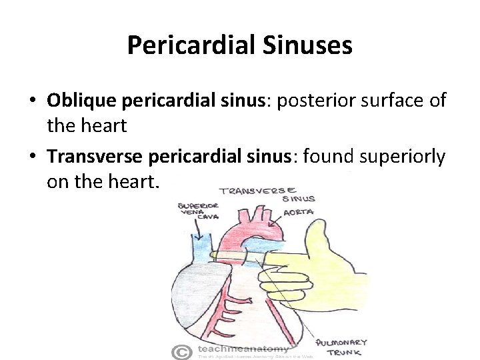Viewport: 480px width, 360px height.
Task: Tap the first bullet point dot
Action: coord(32,101)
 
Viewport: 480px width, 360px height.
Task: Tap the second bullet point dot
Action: coord(32,157)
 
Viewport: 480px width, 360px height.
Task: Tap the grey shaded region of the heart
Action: coord(193,300)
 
